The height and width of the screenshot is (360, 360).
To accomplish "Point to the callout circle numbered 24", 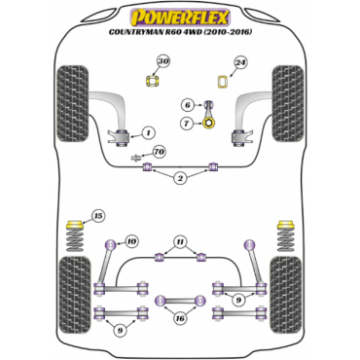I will (x=240, y=63).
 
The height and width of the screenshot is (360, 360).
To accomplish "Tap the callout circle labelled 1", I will (x=148, y=132).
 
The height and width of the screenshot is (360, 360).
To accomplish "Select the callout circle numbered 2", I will (x=180, y=179).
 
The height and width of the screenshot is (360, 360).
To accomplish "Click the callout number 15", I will (x=96, y=215).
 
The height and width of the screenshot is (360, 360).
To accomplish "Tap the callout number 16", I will (x=179, y=317).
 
